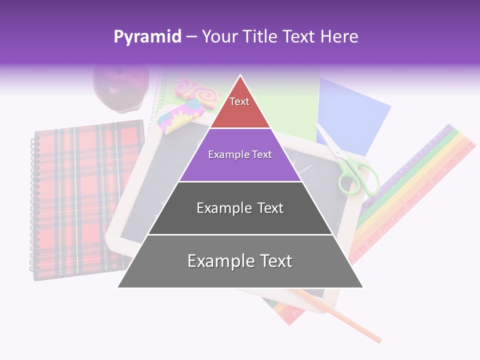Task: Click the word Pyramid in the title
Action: (x=147, y=37)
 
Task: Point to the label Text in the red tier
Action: (x=239, y=101)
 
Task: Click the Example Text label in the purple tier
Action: (x=240, y=154)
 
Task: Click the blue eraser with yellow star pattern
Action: (x=179, y=114)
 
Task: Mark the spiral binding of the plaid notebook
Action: (x=34, y=205)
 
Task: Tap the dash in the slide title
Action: (x=191, y=37)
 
